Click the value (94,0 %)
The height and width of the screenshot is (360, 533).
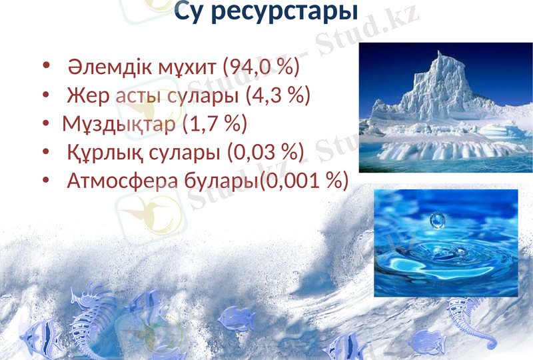[x=261, y=67]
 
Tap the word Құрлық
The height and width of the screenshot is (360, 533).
[x=104, y=153]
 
